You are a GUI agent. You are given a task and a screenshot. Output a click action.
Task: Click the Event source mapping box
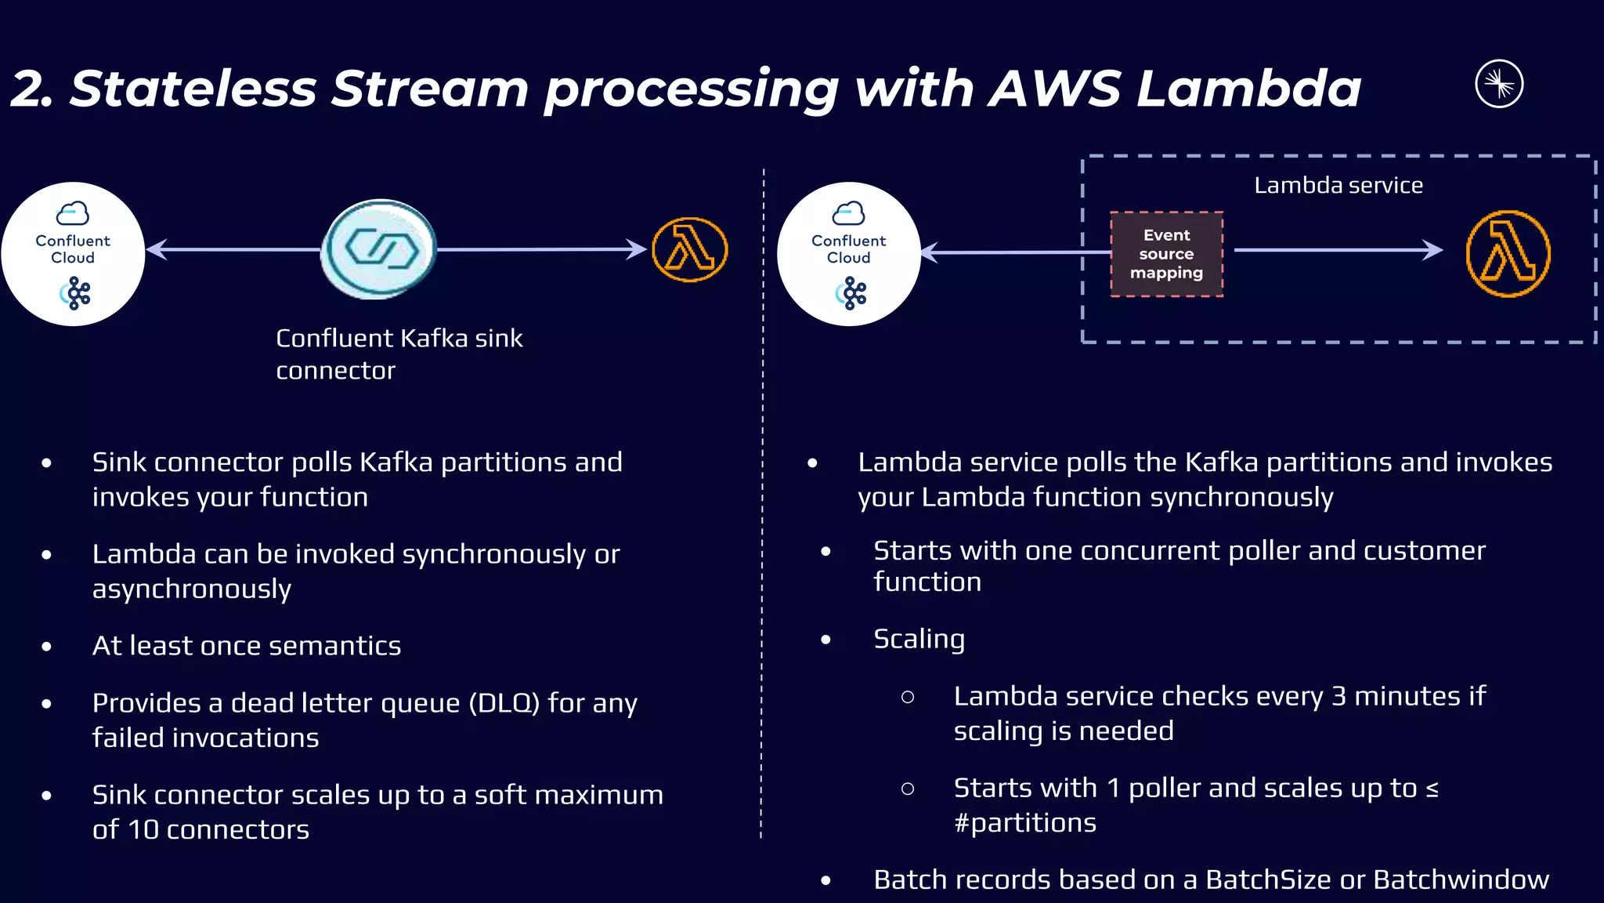click(x=1166, y=254)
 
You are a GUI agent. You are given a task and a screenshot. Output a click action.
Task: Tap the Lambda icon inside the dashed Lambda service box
click(x=1508, y=253)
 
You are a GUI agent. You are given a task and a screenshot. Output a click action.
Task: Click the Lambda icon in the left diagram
click(x=690, y=250)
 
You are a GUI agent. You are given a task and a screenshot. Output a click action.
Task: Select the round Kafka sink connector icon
click(x=380, y=249)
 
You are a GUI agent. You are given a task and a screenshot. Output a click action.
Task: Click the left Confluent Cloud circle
click(x=73, y=253)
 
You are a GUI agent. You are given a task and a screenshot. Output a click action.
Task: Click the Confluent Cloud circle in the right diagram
click(x=849, y=253)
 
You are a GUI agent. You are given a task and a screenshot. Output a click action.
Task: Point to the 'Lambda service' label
click(x=1338, y=186)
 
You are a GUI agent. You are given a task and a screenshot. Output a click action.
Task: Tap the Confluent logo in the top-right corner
click(x=1499, y=84)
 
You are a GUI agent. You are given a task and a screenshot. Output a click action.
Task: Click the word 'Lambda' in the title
click(x=1248, y=88)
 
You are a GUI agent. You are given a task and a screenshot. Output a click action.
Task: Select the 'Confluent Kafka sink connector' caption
click(x=399, y=354)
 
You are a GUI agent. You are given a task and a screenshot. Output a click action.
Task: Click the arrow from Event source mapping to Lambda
click(x=1338, y=250)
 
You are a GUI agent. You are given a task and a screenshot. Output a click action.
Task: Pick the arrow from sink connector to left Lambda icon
click(x=540, y=249)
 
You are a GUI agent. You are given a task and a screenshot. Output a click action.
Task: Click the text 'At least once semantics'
click(x=247, y=646)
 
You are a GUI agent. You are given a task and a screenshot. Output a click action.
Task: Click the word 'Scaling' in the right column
click(x=919, y=640)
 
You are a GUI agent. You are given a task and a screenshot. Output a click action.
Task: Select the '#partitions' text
click(x=1024, y=823)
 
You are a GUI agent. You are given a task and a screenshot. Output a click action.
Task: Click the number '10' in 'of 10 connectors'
click(x=143, y=829)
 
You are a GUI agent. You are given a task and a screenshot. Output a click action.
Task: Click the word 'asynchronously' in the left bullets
click(x=192, y=589)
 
